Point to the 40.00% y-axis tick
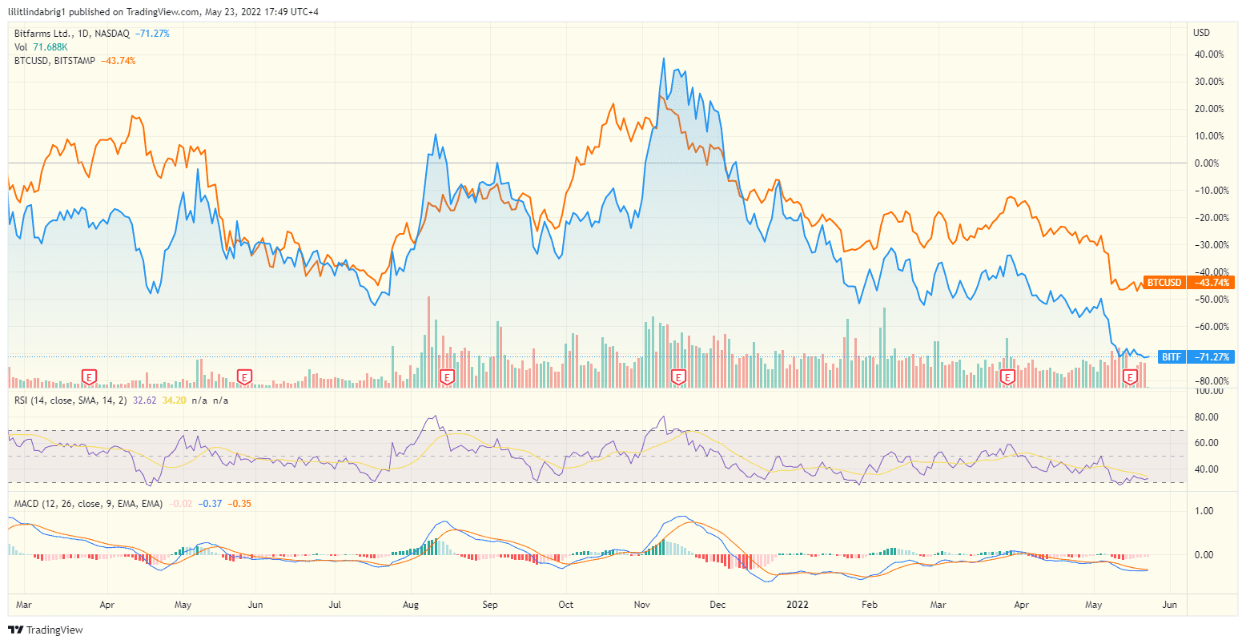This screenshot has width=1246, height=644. pyautogui.click(x=1208, y=54)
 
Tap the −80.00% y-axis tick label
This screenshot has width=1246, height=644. pyautogui.click(x=1208, y=380)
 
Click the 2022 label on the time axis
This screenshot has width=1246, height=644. pyautogui.click(x=799, y=605)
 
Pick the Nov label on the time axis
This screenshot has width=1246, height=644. pyautogui.click(x=643, y=605)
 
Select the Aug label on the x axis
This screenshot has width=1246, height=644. pyautogui.click(x=411, y=605)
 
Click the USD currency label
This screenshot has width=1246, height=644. pyautogui.click(x=1201, y=33)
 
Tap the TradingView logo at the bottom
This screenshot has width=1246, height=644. pyautogui.click(x=46, y=630)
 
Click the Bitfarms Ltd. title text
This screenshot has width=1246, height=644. pyautogui.click(x=45, y=34)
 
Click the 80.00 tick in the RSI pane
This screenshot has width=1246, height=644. pyautogui.click(x=1207, y=417)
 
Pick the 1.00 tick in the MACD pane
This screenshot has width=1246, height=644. pyautogui.click(x=1204, y=511)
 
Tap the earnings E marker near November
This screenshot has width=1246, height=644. pyautogui.click(x=678, y=376)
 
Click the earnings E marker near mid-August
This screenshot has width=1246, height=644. pyautogui.click(x=448, y=376)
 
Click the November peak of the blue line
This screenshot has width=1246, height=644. pyautogui.click(x=664, y=58)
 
